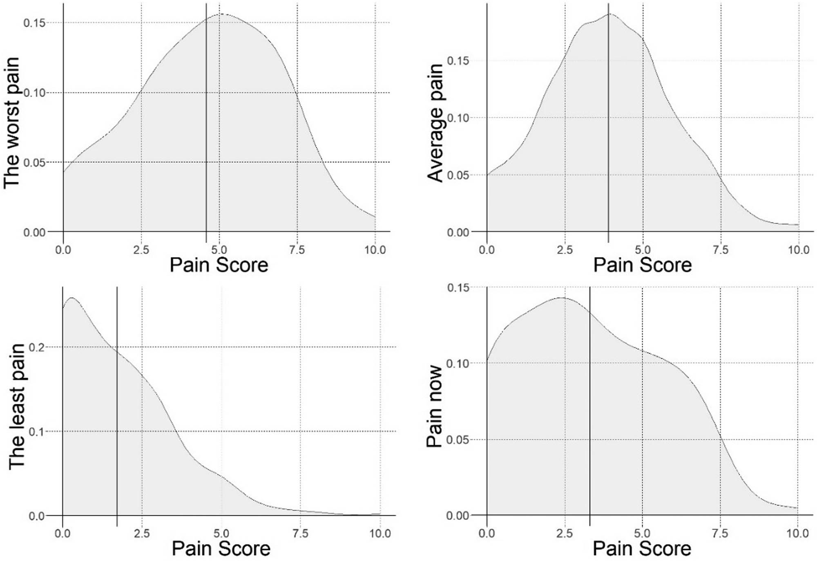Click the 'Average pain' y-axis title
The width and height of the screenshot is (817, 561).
tap(435, 123)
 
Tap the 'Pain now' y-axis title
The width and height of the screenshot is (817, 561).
tap(434, 406)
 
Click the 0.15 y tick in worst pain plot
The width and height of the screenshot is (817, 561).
tap(34, 23)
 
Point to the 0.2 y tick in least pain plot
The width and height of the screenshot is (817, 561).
tap(37, 347)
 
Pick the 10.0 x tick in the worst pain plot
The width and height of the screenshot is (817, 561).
tap(375, 249)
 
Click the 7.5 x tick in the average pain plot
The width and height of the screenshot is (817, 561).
tap(721, 249)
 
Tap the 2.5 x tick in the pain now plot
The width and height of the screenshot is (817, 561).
tap(565, 533)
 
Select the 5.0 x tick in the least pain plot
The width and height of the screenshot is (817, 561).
tap(221, 533)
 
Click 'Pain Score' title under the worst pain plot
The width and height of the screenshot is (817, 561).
tap(219, 265)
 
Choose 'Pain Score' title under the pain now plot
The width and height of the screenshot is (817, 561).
tap(642, 549)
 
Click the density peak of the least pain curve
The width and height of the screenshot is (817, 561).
tap(72, 298)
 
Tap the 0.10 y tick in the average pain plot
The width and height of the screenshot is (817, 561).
tap(458, 118)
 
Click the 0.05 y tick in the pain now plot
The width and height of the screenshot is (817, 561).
tap(457, 440)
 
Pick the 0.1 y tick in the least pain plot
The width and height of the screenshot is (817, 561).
tap(37, 431)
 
